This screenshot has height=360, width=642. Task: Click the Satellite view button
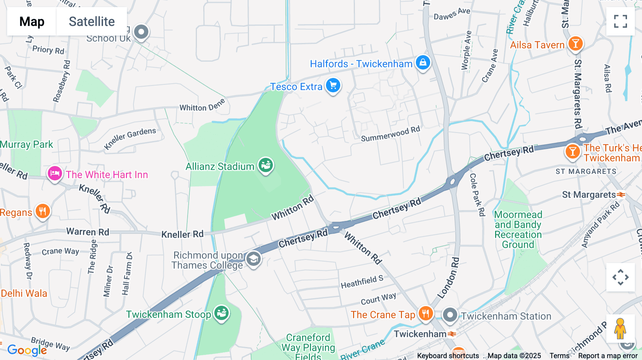click(x=92, y=21)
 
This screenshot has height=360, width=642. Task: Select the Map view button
click(x=32, y=21)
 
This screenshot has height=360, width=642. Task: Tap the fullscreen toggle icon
click(x=620, y=21)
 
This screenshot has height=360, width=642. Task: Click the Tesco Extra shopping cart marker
click(x=333, y=86)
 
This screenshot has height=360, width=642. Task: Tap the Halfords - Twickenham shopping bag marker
click(x=423, y=62)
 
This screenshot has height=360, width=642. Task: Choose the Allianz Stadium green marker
click(x=266, y=165)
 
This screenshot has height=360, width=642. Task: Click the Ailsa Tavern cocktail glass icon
click(x=575, y=43)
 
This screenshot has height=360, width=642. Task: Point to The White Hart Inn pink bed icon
click(x=55, y=174)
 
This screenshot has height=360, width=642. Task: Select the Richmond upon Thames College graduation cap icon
click(x=253, y=259)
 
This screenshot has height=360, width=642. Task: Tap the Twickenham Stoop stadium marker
click(x=221, y=313)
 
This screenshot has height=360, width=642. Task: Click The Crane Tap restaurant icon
click(x=425, y=314)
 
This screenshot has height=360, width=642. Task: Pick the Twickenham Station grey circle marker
click(x=450, y=315)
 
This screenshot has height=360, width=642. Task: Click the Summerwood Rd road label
click(x=390, y=134)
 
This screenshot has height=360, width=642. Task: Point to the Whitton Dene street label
click(x=202, y=106)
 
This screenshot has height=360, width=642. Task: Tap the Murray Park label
click(x=26, y=144)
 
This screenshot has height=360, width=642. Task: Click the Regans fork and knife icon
click(x=42, y=211)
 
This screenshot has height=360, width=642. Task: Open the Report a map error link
click(x=608, y=355)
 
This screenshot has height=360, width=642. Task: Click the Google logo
click(x=27, y=350)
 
